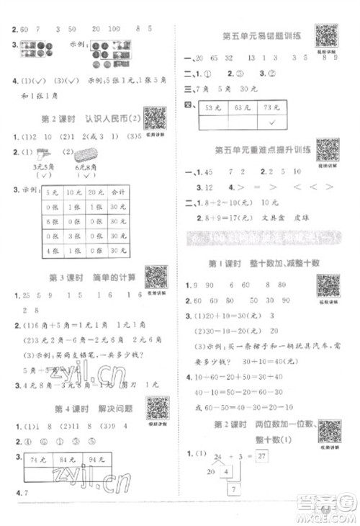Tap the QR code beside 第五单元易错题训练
pos(327,35)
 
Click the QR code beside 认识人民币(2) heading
pos(155,117)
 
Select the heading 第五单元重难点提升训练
pos(261,149)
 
